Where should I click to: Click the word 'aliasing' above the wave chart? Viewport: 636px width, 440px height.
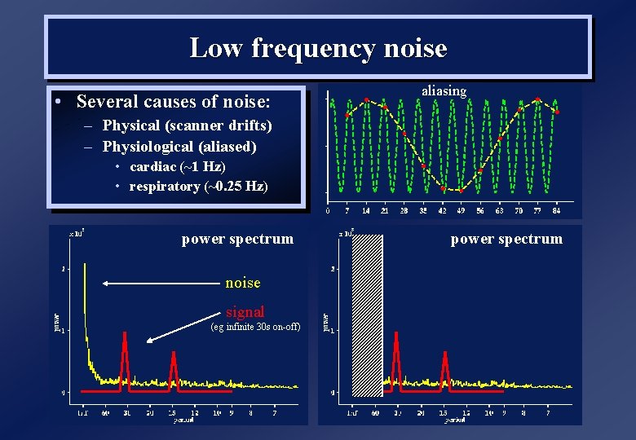pos(444,91)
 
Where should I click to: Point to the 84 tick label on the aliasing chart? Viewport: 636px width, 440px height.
pos(556,210)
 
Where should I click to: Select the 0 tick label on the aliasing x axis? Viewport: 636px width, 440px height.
pos(329,210)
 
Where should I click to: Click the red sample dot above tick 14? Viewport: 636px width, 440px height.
pos(366,100)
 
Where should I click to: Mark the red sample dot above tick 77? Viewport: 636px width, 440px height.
pos(537,99)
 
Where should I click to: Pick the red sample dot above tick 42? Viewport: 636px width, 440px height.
pos(443,188)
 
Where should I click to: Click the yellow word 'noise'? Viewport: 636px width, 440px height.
pos(243,283)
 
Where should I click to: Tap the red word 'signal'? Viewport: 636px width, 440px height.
pos(245,311)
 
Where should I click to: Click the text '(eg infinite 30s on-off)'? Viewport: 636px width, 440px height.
pos(255,327)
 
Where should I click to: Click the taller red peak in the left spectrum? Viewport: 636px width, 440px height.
pos(125,336)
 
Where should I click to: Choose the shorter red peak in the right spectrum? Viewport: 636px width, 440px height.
pos(445,356)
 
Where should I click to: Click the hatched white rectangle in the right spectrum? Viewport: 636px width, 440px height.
pos(367,314)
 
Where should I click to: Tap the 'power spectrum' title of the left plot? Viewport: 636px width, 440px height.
pos(237,239)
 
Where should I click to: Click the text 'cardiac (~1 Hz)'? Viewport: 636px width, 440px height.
pos(177,166)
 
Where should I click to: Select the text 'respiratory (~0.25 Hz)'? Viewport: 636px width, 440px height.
pos(198,186)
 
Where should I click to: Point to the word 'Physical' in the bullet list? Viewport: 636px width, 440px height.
pos(131,126)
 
